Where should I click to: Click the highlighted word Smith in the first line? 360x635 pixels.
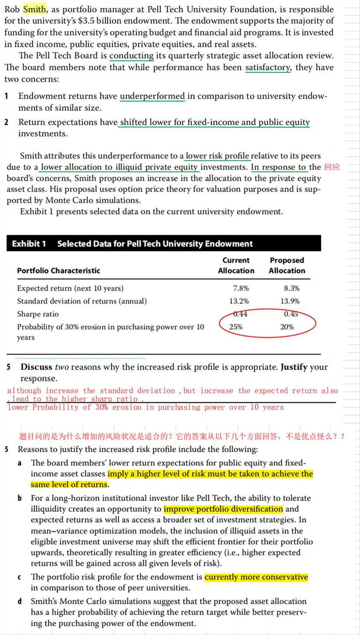click(x=34, y=9)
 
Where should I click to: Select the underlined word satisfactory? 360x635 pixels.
click(x=267, y=67)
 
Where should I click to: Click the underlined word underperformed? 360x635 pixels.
click(x=152, y=96)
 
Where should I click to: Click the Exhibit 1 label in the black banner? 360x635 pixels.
click(x=29, y=244)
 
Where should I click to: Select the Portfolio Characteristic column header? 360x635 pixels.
click(x=58, y=271)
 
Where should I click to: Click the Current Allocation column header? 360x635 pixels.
click(x=236, y=265)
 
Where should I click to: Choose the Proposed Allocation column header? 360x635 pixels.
click(x=286, y=265)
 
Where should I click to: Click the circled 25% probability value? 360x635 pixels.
click(x=236, y=327)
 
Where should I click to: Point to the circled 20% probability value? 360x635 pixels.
click(x=287, y=327)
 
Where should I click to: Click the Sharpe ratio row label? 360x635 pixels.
click(x=38, y=314)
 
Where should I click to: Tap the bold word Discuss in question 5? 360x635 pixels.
click(x=37, y=367)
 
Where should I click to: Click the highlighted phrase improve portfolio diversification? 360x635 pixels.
click(x=223, y=509)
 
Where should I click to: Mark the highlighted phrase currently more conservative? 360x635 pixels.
click(x=256, y=577)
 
